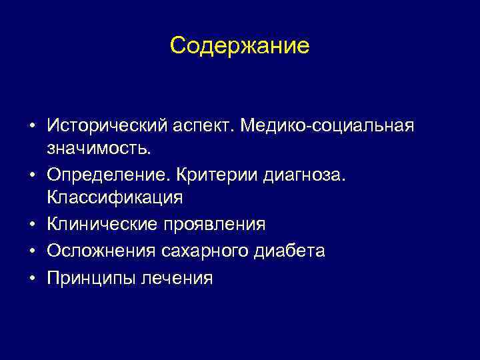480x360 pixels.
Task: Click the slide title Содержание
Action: (239, 45)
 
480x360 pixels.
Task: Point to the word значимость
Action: (99, 149)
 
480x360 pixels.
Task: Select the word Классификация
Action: (114, 198)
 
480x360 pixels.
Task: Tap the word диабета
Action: (289, 251)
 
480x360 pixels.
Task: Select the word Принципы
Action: (91, 278)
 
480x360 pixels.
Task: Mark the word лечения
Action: (177, 278)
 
